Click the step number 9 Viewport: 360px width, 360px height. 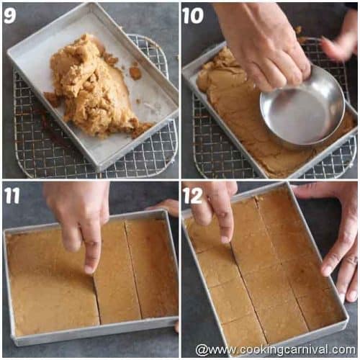pyautogui.click(x=10, y=15)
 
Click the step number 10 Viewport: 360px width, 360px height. pyautogui.click(x=192, y=15)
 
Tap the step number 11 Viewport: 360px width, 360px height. pyautogui.click(x=12, y=195)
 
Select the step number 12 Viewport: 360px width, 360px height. pyautogui.click(x=193, y=195)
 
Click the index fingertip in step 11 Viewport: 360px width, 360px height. pyautogui.click(x=89, y=267)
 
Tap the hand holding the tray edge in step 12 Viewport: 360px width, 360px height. pyautogui.click(x=338, y=245)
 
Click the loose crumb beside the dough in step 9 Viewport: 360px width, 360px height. pyautogui.click(x=135, y=72)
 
